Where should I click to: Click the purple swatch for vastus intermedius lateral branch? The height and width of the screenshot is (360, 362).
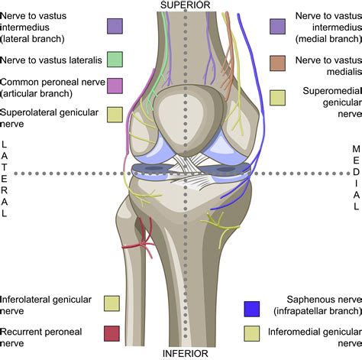pos(115,27)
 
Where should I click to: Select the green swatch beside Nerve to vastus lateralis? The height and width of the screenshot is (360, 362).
pos(115,58)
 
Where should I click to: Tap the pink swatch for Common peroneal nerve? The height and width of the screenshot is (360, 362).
pos(115,86)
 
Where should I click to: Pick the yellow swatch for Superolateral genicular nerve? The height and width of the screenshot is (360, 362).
pos(115,114)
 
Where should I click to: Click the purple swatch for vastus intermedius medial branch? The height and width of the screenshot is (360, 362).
pos(278,27)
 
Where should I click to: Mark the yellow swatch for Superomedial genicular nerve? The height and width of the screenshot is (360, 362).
pos(278,98)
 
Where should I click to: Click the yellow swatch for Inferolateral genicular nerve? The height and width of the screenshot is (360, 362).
pos(112,303)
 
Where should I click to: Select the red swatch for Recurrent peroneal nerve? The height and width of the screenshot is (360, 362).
pos(112,332)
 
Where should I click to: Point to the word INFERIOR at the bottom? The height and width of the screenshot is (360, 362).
pos(183,354)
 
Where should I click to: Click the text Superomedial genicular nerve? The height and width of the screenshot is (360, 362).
pos(321,99)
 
